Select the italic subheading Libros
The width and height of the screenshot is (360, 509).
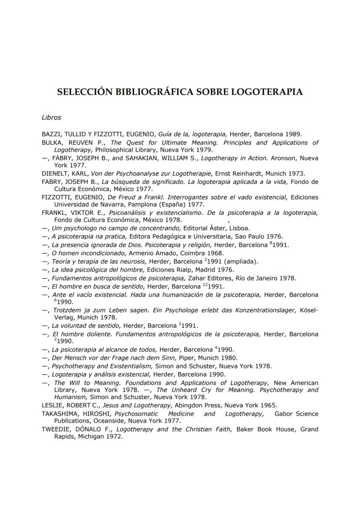51,117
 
